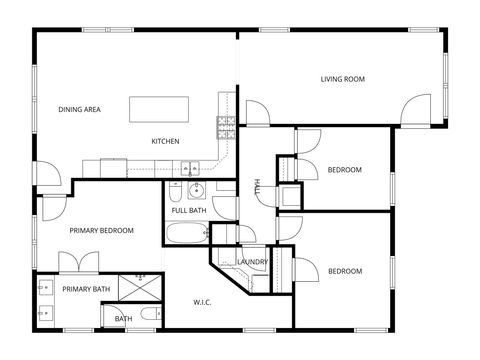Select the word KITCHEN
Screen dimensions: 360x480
[165, 141]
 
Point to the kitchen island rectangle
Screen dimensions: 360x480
[161, 108]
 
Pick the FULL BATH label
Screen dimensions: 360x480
[188, 211]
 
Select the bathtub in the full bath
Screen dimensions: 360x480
[186, 235]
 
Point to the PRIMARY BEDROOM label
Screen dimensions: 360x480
[101, 231]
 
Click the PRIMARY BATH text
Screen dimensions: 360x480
[86, 289]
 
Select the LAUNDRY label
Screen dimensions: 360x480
[253, 262]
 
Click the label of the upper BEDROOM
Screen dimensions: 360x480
[344, 170]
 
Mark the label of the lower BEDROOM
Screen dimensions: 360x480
[344, 271]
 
